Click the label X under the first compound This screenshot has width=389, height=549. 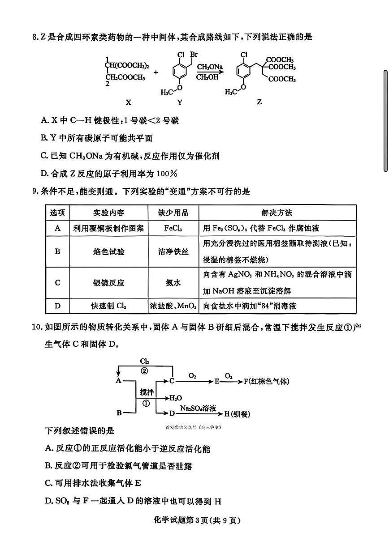(129, 102)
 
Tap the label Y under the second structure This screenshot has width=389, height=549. (180, 102)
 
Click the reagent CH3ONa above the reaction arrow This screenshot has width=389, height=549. (209, 67)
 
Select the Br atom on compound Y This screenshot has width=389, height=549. (194, 55)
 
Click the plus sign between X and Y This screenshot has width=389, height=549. (156, 72)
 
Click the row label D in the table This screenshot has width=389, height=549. (57, 306)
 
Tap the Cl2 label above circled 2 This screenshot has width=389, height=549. (144, 361)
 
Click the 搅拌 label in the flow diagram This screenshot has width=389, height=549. (146, 392)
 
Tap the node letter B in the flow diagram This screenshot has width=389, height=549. (119, 413)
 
